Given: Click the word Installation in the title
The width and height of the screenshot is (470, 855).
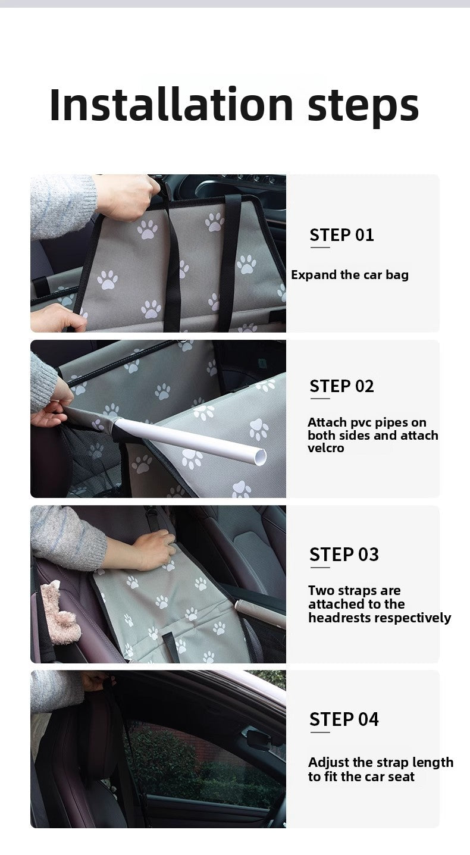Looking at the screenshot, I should [171, 105].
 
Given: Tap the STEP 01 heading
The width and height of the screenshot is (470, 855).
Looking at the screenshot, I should [341, 235].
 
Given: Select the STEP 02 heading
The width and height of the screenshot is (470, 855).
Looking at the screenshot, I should [341, 387].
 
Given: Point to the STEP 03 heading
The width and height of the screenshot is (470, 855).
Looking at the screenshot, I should [344, 555].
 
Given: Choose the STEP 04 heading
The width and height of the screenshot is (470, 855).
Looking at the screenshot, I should [344, 719].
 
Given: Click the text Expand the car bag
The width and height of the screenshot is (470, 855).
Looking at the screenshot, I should [350, 275].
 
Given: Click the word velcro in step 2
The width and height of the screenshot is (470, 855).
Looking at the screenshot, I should [325, 449].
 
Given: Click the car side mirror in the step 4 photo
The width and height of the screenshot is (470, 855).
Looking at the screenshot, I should [259, 740].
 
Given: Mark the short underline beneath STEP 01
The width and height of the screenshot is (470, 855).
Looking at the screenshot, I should [319, 247].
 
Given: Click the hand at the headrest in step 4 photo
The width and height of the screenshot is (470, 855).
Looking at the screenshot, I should [95, 681].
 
